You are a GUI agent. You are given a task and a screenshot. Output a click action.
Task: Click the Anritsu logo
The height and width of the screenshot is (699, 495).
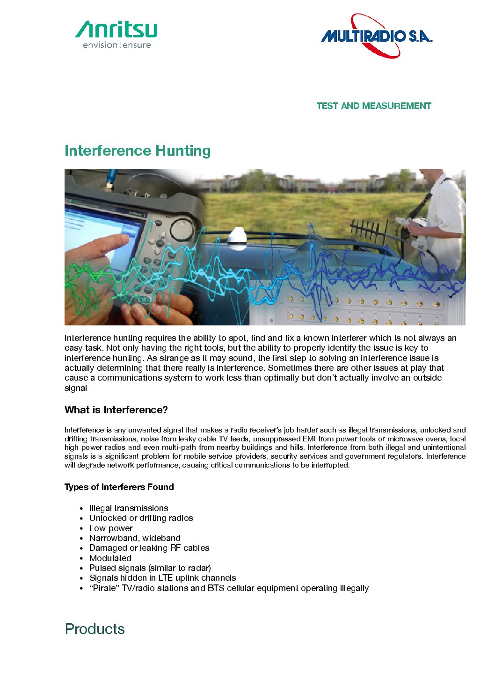(116, 30)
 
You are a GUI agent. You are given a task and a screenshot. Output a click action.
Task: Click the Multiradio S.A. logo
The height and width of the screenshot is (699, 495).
(377, 36)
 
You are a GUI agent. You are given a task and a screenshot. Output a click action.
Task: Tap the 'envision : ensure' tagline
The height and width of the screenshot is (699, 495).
(116, 45)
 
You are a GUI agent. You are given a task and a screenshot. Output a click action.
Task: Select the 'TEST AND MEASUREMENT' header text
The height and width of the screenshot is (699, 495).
(373, 106)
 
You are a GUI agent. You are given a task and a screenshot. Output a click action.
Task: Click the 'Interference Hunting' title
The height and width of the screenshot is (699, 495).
(138, 151)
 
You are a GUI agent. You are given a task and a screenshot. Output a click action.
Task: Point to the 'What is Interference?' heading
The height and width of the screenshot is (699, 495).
(116, 410)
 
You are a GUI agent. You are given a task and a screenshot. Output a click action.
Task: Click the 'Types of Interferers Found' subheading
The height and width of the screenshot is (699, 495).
(119, 487)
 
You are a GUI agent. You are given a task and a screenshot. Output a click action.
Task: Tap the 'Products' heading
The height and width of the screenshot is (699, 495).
(95, 629)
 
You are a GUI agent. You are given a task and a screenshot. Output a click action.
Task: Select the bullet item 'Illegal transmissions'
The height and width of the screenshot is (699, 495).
(129, 508)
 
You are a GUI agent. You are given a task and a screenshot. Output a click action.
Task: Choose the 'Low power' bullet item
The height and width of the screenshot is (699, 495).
(111, 528)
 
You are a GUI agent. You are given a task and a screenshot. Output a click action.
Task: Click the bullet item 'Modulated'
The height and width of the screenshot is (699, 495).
(110, 558)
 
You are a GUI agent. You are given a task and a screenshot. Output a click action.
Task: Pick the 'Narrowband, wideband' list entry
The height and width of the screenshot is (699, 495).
(135, 538)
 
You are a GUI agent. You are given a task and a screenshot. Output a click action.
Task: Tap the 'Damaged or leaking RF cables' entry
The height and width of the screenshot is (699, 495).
(149, 548)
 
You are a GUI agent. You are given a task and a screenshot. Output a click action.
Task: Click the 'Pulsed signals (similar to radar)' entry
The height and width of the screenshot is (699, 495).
(150, 568)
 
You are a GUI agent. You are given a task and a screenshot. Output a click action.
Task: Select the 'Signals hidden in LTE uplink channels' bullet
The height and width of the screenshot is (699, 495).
(162, 578)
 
